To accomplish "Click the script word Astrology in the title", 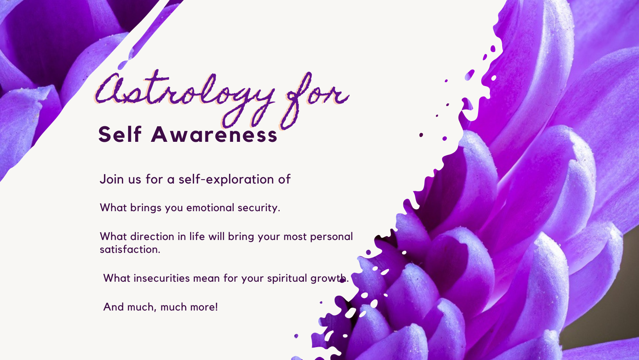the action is point(185,97).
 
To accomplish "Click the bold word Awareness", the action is point(214,135).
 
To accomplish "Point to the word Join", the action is point(112,180).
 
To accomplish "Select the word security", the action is point(259,208).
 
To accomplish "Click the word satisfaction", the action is point(130,250).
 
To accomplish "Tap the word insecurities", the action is point(161,278).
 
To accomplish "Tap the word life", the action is point(197,236).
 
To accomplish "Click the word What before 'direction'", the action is point(113,236).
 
